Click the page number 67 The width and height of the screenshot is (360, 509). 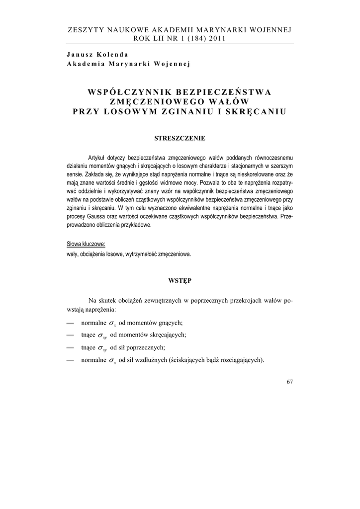click(289, 382)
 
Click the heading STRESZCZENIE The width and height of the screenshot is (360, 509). click(180, 138)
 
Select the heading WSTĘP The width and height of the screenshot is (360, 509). click(180, 281)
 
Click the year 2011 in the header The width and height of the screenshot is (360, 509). click(217, 38)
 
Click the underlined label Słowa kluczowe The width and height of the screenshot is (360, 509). click(86, 244)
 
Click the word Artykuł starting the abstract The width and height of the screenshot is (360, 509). click(98, 156)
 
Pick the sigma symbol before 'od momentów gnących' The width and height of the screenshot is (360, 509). click(112, 323)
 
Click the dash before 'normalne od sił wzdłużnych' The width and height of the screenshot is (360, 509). click(70, 360)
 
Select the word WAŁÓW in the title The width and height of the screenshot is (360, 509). click(228, 101)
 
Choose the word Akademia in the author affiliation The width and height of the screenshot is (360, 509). click(86, 64)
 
